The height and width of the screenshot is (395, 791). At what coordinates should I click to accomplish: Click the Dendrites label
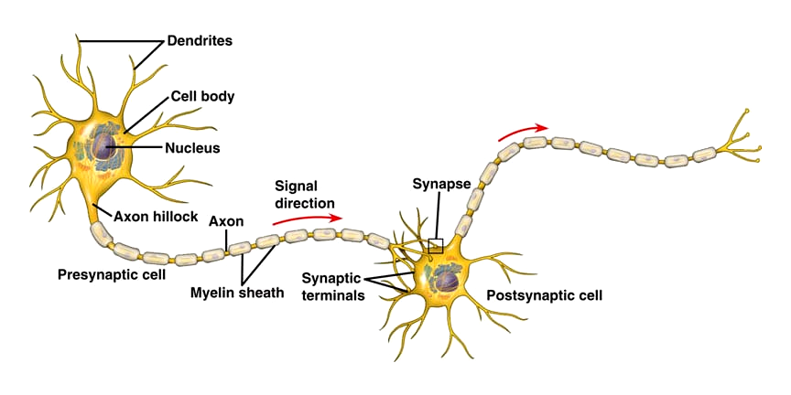(200, 41)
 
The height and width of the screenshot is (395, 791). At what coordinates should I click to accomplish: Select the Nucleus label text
(193, 147)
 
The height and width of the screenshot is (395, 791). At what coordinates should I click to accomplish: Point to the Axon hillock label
(157, 217)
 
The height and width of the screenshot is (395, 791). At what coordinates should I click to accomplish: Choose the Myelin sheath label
(236, 293)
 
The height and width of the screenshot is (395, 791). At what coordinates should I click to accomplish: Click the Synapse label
(440, 183)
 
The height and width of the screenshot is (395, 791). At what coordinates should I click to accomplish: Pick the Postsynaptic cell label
(545, 295)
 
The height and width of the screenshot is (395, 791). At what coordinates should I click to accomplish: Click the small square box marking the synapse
(436, 245)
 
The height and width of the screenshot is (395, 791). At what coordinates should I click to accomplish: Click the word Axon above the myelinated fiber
(225, 221)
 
